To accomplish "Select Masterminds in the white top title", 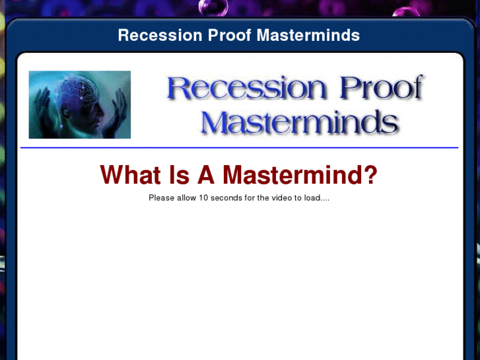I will (x=308, y=35).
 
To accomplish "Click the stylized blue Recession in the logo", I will (x=248, y=89).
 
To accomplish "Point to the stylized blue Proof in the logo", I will (x=380, y=89).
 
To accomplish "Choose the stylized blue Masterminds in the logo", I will (x=299, y=122).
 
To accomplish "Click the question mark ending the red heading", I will (x=371, y=175).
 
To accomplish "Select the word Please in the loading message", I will (x=161, y=198).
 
